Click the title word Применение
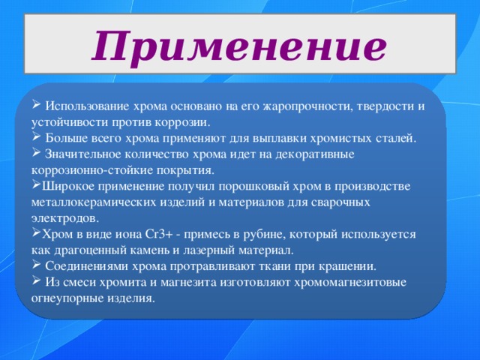pyautogui.click(x=239, y=46)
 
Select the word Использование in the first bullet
pyautogui.click(x=85, y=106)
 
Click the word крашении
pyautogui.click(x=348, y=266)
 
